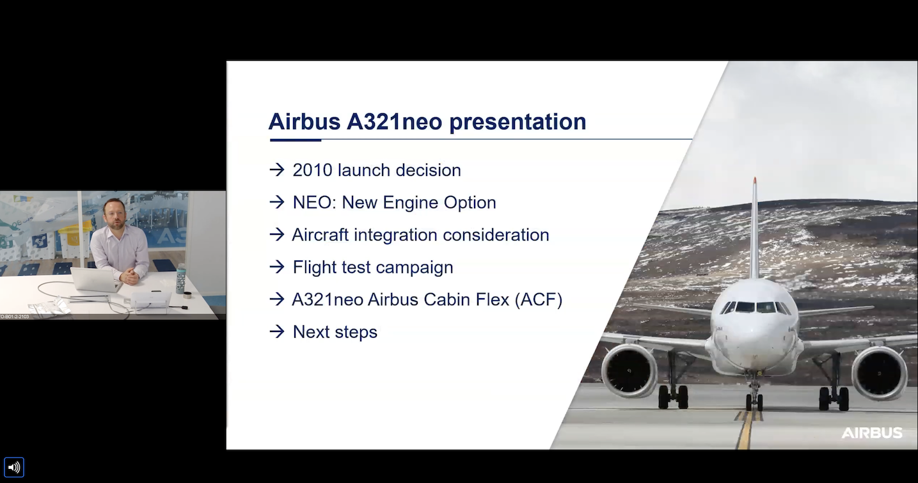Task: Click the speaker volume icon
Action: click(x=14, y=467)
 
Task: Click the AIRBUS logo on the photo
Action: click(x=872, y=432)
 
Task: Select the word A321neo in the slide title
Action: click(x=394, y=122)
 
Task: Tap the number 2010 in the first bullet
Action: click(x=312, y=170)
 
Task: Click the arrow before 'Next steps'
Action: click(x=277, y=331)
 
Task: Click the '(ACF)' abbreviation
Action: click(x=539, y=299)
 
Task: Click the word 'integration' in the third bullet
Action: click(x=396, y=235)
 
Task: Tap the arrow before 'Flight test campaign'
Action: click(x=277, y=267)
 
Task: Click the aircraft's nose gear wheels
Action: click(x=754, y=402)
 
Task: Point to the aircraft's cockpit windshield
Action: click(x=756, y=307)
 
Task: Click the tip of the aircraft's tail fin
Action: click(x=754, y=178)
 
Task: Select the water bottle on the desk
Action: click(x=180, y=278)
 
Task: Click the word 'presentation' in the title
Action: click(x=518, y=122)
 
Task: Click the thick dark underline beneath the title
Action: click(x=295, y=140)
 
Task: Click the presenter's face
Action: click(x=115, y=215)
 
